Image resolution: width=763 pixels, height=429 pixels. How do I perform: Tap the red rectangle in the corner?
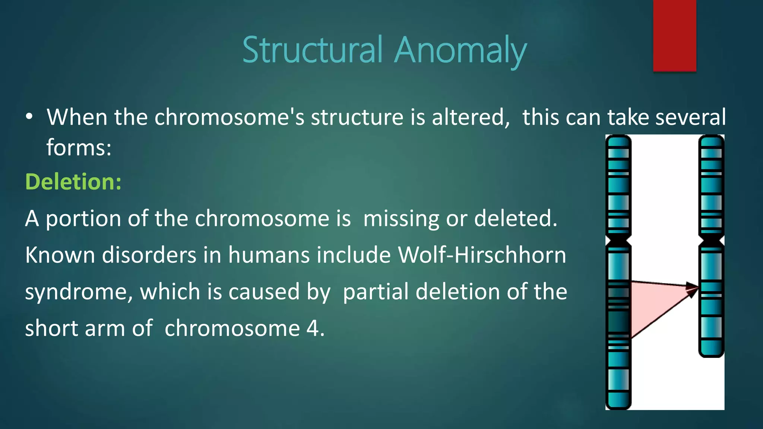point(674,35)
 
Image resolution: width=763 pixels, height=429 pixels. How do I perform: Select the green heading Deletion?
point(73,182)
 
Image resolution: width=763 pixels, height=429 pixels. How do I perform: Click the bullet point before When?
point(29,117)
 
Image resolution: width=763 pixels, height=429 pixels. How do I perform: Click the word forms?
point(79,147)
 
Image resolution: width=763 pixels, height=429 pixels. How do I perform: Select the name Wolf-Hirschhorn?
point(482,255)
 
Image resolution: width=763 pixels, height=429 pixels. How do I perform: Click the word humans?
point(269,255)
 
